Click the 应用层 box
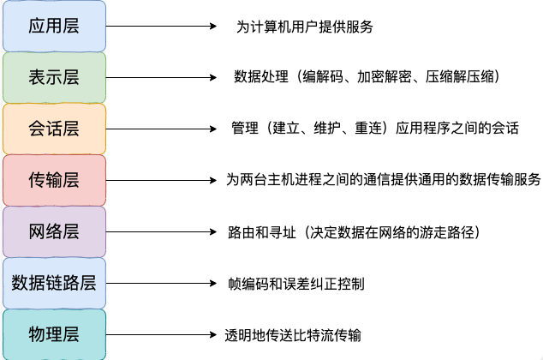point(54,26)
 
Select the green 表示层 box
point(54,77)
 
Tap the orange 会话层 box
point(54,129)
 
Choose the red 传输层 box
point(54,180)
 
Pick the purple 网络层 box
point(54,231)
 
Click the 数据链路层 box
point(54,283)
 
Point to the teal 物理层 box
point(54,334)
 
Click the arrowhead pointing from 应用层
point(213,26)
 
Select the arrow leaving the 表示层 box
point(161,77)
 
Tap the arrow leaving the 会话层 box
point(161,129)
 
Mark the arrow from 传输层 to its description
point(161,180)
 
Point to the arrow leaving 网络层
point(161,231)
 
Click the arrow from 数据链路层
point(161,283)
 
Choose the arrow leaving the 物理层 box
point(161,334)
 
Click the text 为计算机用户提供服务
point(305,27)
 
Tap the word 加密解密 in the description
point(384,77)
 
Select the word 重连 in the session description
point(368,129)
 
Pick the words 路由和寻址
point(262,232)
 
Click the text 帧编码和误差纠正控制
point(296,284)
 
